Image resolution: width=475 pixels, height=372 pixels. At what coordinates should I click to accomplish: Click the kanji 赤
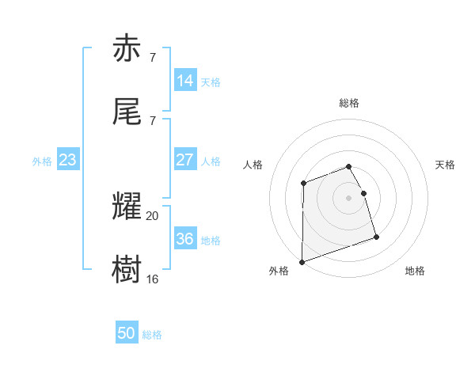[x=127, y=50]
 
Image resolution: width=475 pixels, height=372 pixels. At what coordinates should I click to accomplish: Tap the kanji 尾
[x=127, y=112]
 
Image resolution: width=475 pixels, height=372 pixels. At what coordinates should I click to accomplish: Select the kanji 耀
[x=127, y=207]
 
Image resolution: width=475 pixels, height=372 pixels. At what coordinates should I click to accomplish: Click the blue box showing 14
[x=185, y=81]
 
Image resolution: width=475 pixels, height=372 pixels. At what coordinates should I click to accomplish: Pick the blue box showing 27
[x=185, y=160]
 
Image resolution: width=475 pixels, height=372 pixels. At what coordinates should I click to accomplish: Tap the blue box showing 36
[x=185, y=239]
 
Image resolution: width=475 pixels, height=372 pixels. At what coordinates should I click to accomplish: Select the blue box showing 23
[x=68, y=160]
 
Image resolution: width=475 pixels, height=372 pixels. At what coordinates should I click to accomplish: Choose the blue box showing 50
[x=127, y=334]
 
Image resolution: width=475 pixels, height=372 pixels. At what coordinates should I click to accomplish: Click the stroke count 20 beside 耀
[x=153, y=215]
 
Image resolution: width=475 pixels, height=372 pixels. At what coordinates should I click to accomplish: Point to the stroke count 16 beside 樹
[x=153, y=279]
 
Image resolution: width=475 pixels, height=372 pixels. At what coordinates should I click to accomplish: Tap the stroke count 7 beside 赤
[x=152, y=57]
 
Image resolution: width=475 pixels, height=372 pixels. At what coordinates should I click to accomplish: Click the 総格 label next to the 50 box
[x=153, y=335]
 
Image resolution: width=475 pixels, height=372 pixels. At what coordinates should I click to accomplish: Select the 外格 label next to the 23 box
[x=42, y=161]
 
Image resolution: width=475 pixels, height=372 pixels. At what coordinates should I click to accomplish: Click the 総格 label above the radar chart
[x=349, y=103]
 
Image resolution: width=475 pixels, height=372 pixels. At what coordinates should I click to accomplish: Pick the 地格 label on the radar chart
[x=415, y=271]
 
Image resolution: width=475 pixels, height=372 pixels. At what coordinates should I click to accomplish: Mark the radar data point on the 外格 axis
[x=302, y=261]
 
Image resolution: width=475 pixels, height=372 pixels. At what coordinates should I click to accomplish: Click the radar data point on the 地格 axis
[x=376, y=237]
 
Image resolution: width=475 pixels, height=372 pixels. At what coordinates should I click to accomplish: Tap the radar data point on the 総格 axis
[x=349, y=166]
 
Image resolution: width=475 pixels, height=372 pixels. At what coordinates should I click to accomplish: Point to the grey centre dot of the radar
[x=349, y=198]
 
